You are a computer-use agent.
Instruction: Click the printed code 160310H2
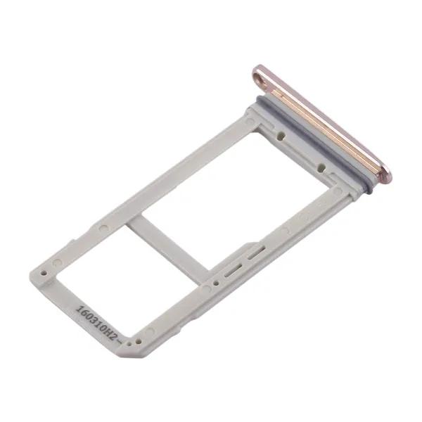97,323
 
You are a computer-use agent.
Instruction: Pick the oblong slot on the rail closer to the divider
234,271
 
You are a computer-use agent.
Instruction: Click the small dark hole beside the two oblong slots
215,283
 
